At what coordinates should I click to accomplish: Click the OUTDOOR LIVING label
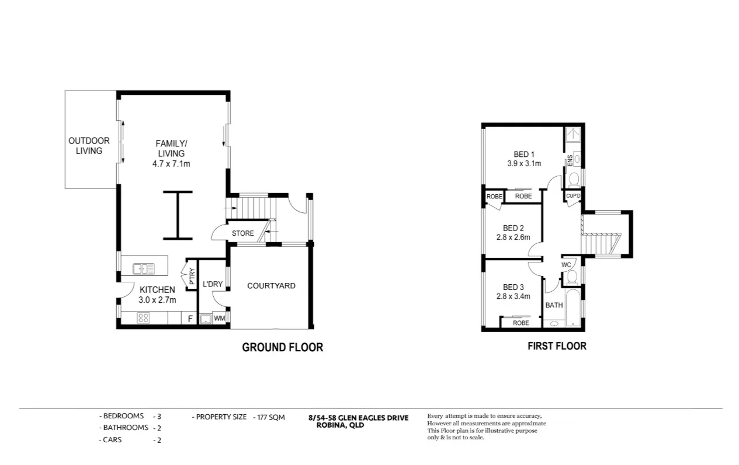(x=89, y=146)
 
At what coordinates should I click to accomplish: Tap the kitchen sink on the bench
(x=143, y=268)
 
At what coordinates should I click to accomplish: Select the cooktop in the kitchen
(x=143, y=318)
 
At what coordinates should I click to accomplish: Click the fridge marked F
(x=190, y=319)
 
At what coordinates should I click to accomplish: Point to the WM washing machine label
(x=219, y=319)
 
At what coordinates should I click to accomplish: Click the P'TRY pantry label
(x=192, y=275)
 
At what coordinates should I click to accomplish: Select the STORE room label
(x=242, y=233)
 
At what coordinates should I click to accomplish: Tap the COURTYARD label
(x=271, y=286)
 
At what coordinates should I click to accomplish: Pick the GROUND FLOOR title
(x=282, y=348)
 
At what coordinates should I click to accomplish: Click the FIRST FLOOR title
(x=557, y=346)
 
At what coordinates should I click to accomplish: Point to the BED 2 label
(x=513, y=228)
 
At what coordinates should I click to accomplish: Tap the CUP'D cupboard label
(x=573, y=197)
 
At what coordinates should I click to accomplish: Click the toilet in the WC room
(x=573, y=276)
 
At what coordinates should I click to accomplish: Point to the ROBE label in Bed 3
(x=521, y=323)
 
